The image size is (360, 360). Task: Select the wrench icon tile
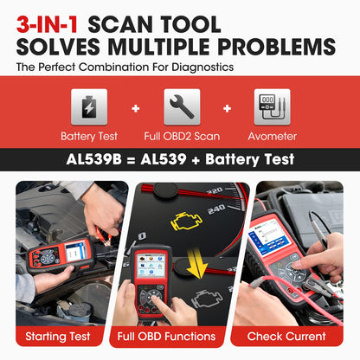click(x=182, y=107)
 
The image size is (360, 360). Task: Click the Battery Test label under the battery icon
click(x=89, y=136)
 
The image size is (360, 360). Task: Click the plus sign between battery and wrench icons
click(x=136, y=109)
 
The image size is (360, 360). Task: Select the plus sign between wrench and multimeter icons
click(x=228, y=109)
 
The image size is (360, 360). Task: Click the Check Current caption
click(x=298, y=336)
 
